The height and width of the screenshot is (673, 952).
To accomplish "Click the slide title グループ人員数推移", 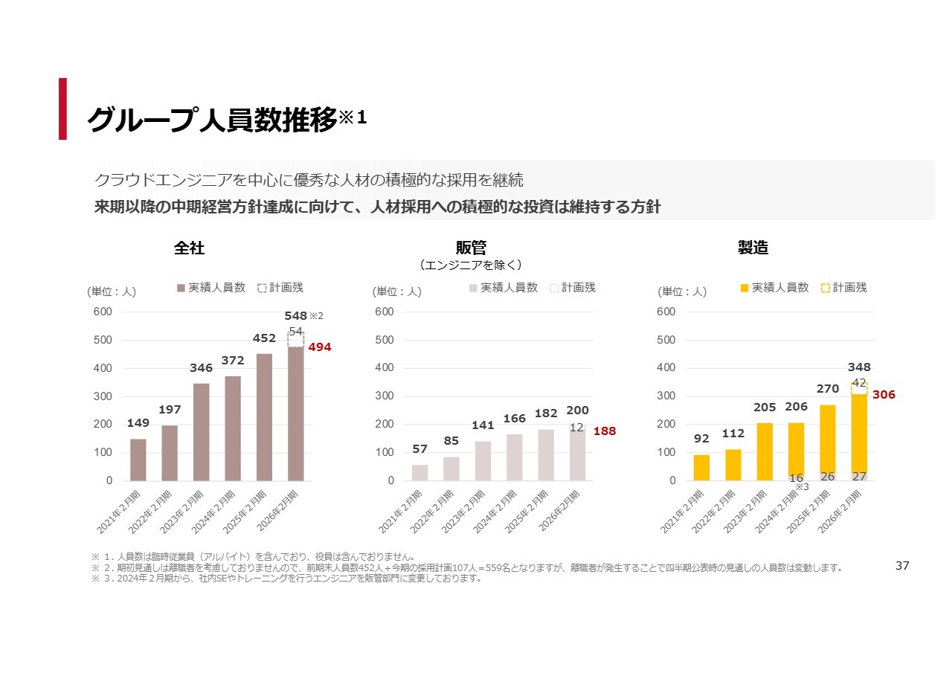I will click(213, 119).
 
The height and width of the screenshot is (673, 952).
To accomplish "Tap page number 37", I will click(902, 566).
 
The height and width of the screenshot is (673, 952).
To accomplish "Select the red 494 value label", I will click(320, 347).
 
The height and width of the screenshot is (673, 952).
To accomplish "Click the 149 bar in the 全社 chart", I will click(138, 460).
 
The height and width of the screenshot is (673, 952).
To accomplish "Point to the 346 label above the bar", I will click(201, 368).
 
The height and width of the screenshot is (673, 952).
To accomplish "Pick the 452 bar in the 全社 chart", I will click(264, 416).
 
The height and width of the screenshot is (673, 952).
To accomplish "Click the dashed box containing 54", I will click(296, 338).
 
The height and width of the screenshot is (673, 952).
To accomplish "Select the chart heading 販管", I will click(471, 248).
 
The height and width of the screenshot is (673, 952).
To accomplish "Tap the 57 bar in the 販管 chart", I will click(419, 472).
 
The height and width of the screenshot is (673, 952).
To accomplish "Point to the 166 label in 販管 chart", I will click(515, 419).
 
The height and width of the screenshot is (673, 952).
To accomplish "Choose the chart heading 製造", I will click(753, 248).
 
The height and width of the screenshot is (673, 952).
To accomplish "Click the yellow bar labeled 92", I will click(701, 467).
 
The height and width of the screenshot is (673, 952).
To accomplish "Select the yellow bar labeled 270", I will click(828, 439).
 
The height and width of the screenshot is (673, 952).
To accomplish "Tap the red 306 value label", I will click(884, 395).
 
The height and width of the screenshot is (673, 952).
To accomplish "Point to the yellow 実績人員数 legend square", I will click(744, 288).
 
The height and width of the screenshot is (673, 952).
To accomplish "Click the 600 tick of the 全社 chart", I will click(103, 312).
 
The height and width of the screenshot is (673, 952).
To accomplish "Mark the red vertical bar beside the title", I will click(63, 109).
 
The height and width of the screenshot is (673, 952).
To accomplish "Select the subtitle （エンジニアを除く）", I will click(471, 265).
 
